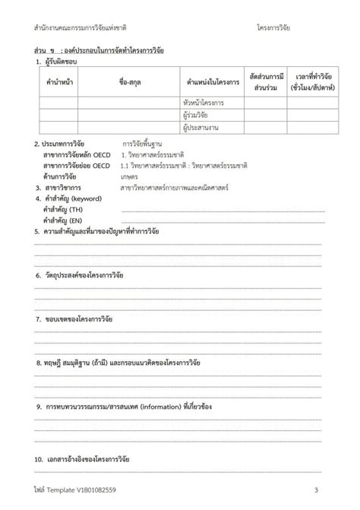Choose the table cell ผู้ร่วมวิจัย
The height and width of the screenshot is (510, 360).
tap(197, 115)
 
